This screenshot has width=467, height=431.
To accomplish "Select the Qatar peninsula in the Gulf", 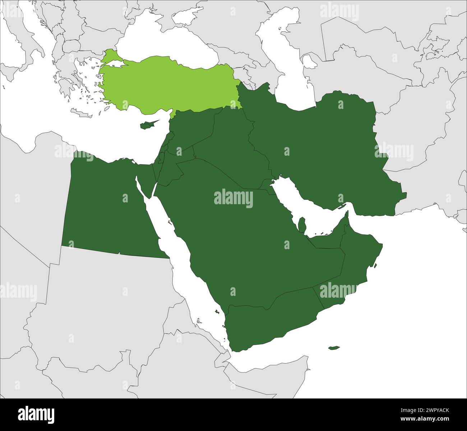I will pyautogui.click(x=302, y=225).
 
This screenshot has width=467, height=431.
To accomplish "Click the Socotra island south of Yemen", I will pyautogui.click(x=334, y=348).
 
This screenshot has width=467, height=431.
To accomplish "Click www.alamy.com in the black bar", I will pyautogui.click(x=430, y=419).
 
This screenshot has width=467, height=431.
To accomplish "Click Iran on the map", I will pyautogui.click(x=323, y=144).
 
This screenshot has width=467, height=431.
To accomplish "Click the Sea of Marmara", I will pyautogui.click(x=115, y=63).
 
